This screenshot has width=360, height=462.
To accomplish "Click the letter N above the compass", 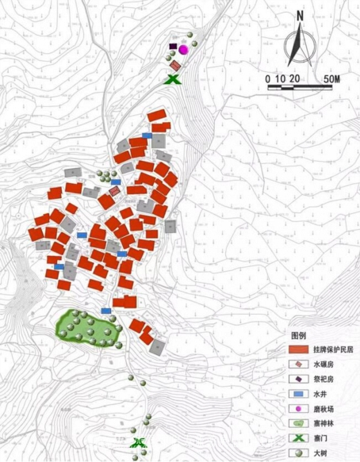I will click(x=300, y=15).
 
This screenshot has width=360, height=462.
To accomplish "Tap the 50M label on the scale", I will click(x=331, y=78).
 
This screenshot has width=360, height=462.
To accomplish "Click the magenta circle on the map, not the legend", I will click(x=183, y=49).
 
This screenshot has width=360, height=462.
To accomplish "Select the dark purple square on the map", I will click(x=173, y=48).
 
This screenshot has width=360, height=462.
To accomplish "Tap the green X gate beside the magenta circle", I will click(x=172, y=78).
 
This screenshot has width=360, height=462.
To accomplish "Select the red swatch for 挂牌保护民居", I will click(x=298, y=349).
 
